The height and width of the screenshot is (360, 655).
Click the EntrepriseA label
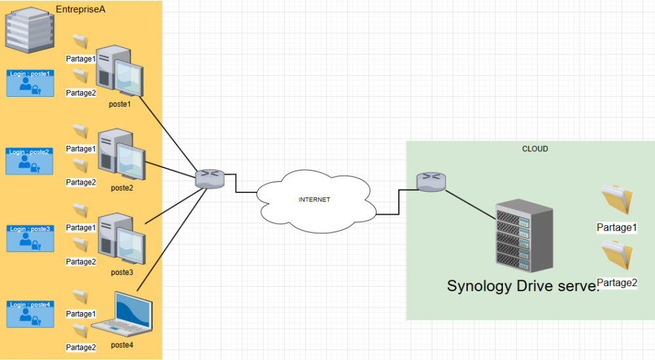coord(81,10)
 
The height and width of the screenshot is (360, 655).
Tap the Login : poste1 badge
coord(30,83)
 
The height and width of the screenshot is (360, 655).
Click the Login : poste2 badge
coord(30,161)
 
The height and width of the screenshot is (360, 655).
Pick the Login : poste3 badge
coord(30,238)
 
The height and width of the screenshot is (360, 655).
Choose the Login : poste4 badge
coord(30,314)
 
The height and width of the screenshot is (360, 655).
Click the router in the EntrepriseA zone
coord(210,178)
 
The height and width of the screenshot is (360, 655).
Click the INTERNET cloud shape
coord(315,199)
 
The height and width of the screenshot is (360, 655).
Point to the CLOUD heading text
coord(534,149)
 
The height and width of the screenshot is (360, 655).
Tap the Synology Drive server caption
coord(522,286)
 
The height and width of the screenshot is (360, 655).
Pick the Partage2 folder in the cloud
coord(616,258)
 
